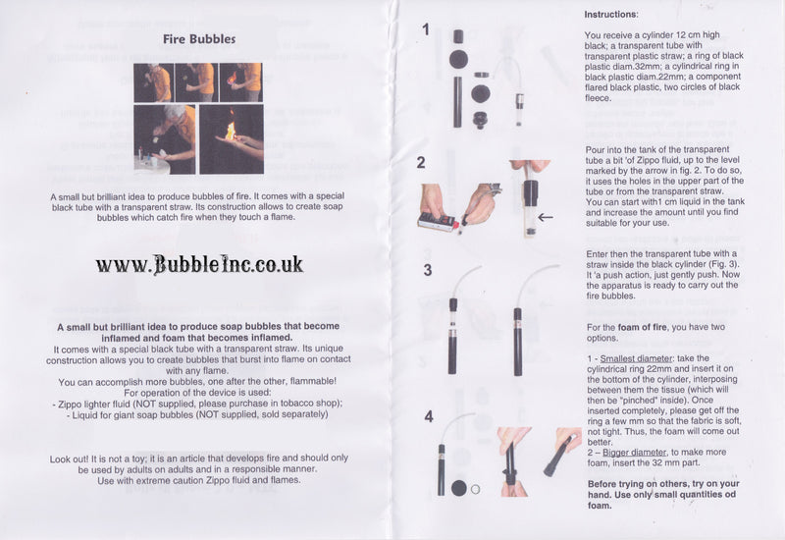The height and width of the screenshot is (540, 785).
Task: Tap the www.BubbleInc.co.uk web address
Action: [x=199, y=264]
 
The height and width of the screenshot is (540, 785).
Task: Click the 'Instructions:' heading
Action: [x=611, y=16]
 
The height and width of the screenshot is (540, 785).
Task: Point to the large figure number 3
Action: [x=427, y=269]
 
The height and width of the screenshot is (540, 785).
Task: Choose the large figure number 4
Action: [x=427, y=416]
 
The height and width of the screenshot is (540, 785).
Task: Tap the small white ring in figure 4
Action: [x=476, y=488]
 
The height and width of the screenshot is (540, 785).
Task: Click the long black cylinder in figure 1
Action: [x=457, y=98]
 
